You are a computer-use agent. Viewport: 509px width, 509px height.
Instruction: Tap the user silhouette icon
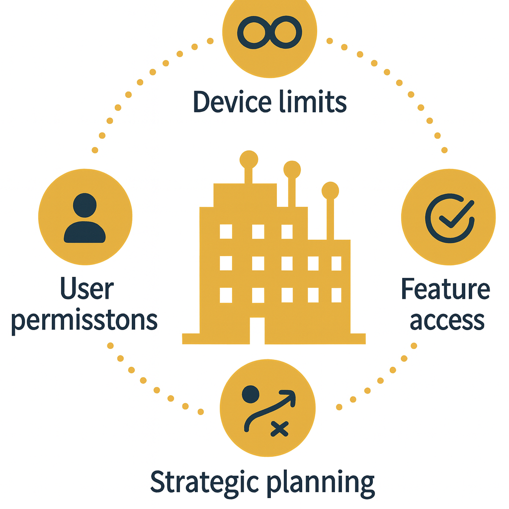point(85,219)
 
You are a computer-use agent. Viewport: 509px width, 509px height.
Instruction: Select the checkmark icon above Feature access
point(449,217)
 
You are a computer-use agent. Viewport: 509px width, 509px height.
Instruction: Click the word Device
point(232,102)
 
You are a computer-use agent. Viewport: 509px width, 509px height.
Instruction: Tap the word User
point(87,290)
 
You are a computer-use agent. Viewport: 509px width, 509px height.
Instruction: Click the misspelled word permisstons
point(85,321)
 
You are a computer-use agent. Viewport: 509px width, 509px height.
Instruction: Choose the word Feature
point(445,290)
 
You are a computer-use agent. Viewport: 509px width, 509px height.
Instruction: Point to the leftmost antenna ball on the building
point(249,159)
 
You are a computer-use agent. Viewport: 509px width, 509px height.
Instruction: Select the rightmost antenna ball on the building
point(330,190)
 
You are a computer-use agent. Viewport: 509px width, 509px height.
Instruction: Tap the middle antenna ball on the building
point(292,169)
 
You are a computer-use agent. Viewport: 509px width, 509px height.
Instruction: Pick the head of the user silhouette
point(85,205)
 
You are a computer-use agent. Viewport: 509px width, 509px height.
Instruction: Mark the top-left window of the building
point(226,231)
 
